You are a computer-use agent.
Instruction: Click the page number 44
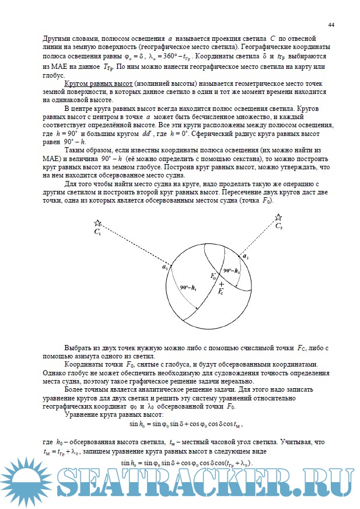click(x=331, y=25)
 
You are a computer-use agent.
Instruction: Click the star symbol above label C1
click(x=98, y=223)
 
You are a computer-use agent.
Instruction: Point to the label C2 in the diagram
click(x=279, y=225)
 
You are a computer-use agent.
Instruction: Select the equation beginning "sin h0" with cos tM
click(x=185, y=424)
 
